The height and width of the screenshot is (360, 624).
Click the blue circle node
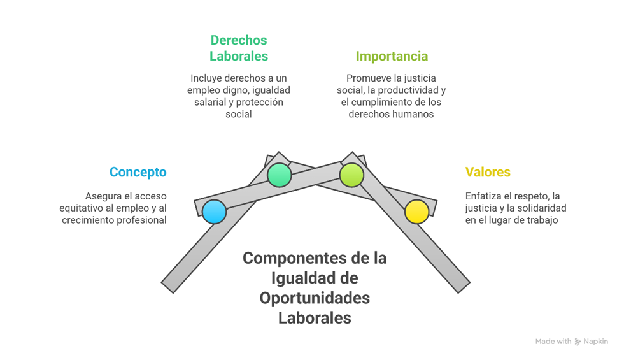click(x=215, y=212)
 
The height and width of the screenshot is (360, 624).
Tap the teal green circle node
click(x=279, y=175)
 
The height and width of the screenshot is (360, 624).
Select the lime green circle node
click(x=351, y=175)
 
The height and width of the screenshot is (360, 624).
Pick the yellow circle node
click(x=417, y=212)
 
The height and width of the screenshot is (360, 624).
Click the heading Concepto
click(x=138, y=172)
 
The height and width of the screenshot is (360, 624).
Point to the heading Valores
click(x=488, y=172)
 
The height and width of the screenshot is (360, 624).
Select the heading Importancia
click(x=392, y=56)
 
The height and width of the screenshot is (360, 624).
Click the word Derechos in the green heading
click(x=239, y=40)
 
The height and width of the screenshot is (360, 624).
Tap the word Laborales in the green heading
click(x=239, y=56)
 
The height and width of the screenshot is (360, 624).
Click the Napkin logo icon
click(x=578, y=342)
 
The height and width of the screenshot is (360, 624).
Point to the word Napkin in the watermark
click(x=595, y=342)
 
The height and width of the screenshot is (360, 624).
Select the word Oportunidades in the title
click(x=315, y=298)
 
